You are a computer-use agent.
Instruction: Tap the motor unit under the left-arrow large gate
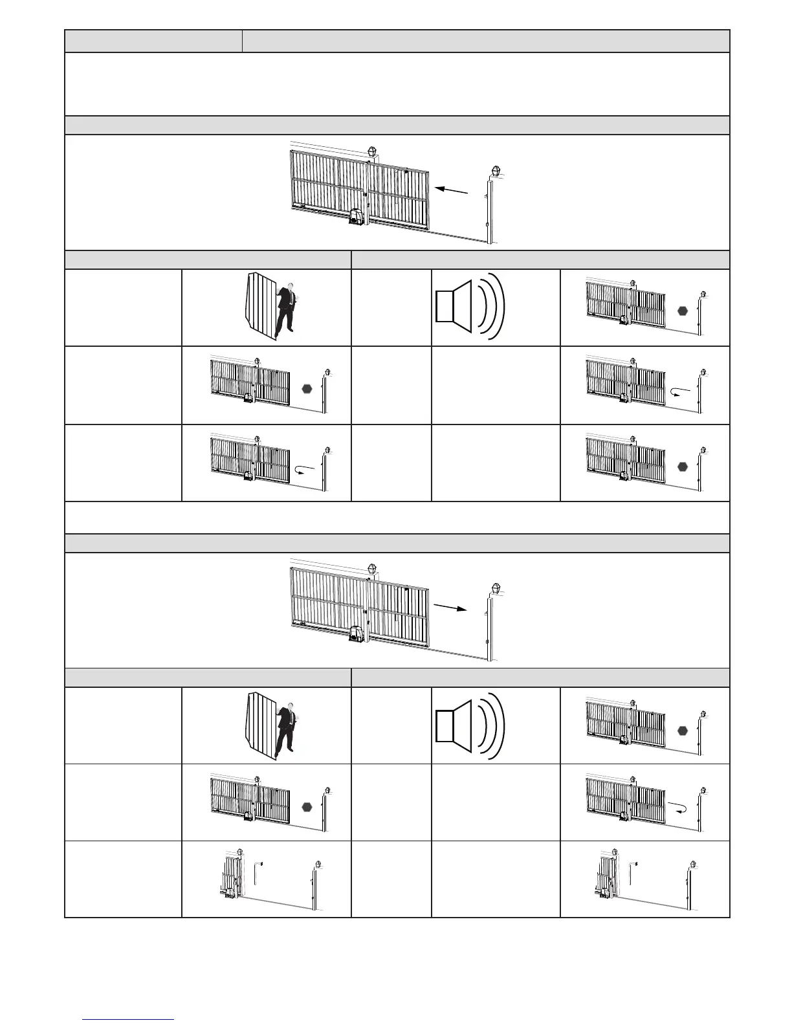tap(358, 217)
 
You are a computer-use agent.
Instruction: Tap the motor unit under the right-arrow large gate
tap(358, 636)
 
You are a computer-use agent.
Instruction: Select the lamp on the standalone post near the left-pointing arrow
tap(496, 172)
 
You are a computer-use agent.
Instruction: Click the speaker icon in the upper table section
tap(469, 307)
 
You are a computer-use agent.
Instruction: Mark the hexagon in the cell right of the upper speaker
tap(682, 311)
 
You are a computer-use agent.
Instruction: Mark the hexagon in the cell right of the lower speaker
tap(682, 731)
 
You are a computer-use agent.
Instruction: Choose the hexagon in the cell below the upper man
tap(307, 388)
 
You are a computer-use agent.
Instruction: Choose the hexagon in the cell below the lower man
tap(307, 807)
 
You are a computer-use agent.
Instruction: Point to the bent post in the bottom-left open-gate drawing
tap(258, 872)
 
